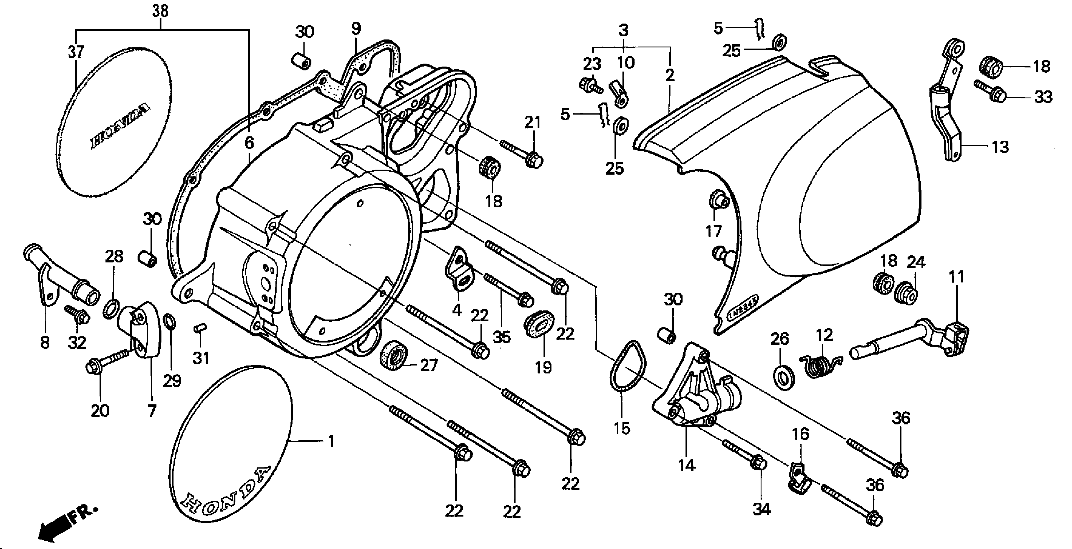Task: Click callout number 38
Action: click(160, 11)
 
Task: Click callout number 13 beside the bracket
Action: click(1000, 147)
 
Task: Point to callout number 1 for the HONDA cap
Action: click(331, 441)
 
